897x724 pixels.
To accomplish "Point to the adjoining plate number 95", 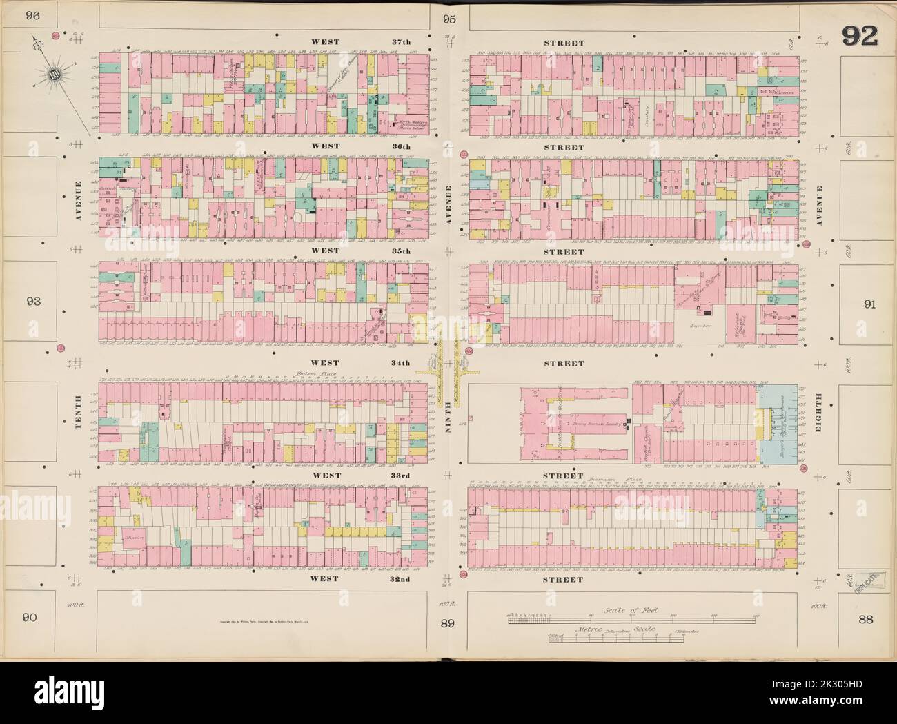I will coord(451,19).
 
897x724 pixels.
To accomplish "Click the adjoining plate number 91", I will coord(869,304).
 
